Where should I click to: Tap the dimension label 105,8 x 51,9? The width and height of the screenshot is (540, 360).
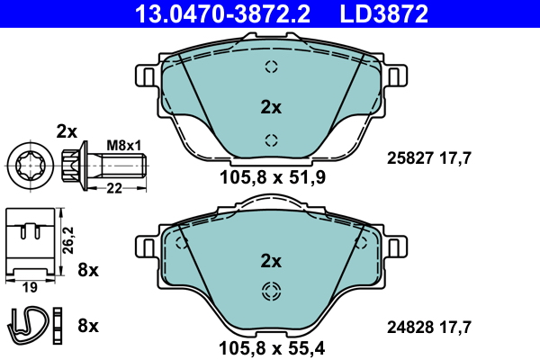[272, 177]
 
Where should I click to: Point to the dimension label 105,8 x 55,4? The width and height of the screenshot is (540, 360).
[272, 346]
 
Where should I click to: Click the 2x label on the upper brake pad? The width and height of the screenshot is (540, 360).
[271, 107]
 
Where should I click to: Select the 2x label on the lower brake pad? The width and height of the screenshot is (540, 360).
[271, 261]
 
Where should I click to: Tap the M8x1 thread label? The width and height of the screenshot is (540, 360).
[124, 144]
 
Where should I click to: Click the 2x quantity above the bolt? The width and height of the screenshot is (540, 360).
[67, 130]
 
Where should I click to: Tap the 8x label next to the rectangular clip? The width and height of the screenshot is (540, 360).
[88, 269]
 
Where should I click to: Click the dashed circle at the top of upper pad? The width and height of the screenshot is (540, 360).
[271, 67]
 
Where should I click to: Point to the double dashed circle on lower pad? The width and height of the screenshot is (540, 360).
[271, 291]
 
